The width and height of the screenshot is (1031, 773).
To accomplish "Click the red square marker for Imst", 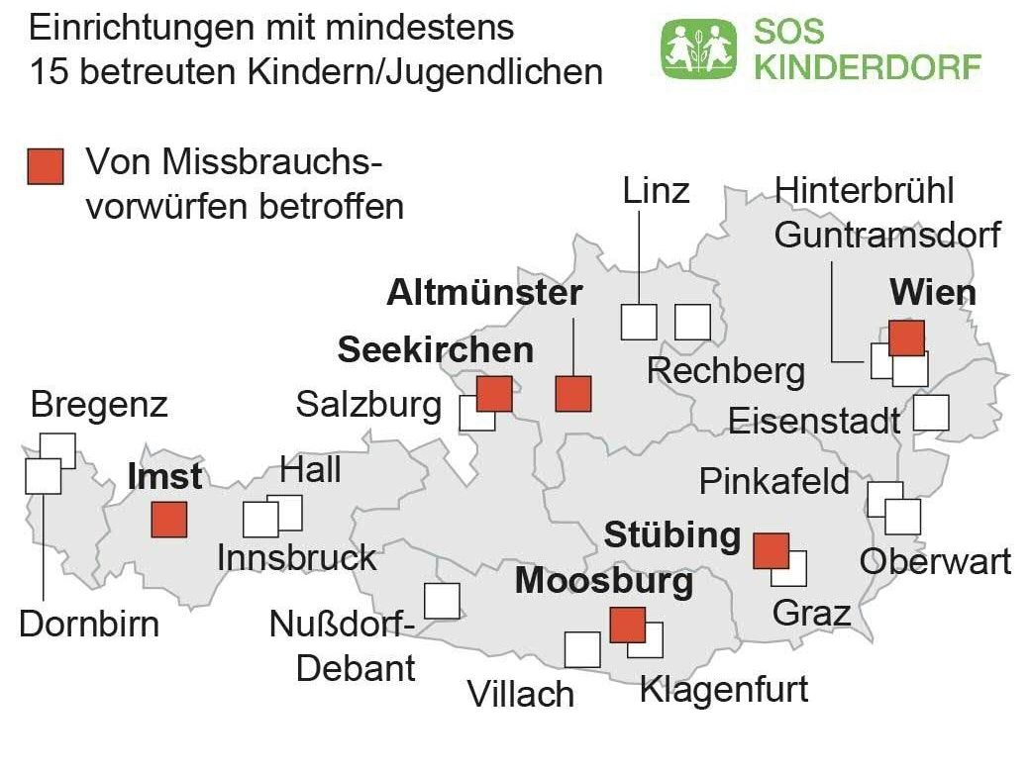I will point(168,520).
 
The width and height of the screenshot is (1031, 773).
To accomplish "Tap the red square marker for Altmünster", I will point(573,394).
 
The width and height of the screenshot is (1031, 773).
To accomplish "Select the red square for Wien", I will point(906,338).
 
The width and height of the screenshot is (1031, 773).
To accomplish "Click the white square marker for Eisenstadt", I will point(931,413).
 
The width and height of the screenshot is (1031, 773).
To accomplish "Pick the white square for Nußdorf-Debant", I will point(442,601).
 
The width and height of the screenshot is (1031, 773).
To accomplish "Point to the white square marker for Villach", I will point(582,649).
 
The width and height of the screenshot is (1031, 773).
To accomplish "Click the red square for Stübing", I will point(771,550).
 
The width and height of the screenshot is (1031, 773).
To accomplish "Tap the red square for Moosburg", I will point(627,626).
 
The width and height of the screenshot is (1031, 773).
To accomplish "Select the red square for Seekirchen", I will point(494,393).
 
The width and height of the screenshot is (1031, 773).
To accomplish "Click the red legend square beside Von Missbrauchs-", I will point(46,167).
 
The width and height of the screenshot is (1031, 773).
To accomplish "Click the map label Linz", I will point(656,190).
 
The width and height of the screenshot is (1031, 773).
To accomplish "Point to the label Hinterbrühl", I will point(865,190).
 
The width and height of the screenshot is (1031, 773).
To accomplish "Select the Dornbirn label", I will point(89,625).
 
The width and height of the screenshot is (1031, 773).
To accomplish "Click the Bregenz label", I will point(99,405).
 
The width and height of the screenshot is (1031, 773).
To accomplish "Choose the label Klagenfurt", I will point(724,689).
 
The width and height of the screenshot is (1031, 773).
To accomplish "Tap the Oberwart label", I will point(935,561).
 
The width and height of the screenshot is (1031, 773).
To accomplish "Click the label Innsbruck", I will point(297,557).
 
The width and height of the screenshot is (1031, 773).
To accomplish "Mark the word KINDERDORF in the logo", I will point(868,66).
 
